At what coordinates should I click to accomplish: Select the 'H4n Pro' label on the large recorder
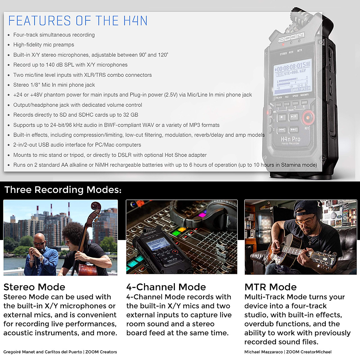pyautogui.click(x=290, y=139)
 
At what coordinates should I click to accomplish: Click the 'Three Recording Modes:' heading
pyautogui.click(x=63, y=190)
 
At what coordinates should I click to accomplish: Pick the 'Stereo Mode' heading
pyautogui.click(x=34, y=287)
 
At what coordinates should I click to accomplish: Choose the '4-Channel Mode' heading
pyautogui.click(x=166, y=287)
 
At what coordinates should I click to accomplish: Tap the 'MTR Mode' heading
pyautogui.click(x=270, y=287)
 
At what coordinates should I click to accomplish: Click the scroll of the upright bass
pyautogui.click(x=96, y=207)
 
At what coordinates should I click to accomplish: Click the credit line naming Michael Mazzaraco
pyautogui.click(x=288, y=352)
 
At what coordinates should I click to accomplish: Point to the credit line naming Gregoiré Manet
pyautogui.click(x=60, y=352)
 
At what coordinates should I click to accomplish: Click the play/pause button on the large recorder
pyautogui.click(x=293, y=117)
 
